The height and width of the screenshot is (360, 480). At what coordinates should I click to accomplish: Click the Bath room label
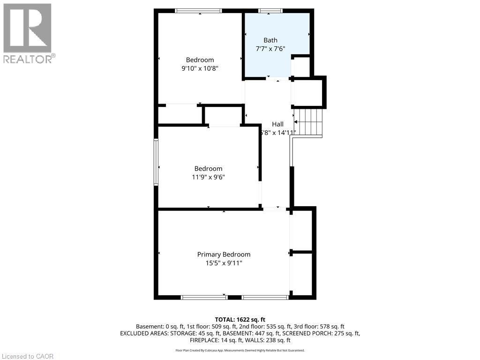click(270, 40)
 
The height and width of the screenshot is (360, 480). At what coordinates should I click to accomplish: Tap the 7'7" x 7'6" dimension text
click(270, 48)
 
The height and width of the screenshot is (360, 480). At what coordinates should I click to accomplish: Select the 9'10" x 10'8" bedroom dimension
click(200, 68)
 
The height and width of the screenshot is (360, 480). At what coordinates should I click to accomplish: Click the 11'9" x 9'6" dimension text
click(209, 177)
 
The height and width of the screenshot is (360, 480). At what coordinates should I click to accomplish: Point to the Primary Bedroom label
click(224, 255)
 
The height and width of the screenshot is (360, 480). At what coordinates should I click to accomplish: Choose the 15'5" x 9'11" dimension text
click(224, 263)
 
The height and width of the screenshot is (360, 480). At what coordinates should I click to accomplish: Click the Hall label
click(278, 124)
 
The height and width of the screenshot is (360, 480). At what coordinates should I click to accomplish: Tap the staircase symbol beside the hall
click(309, 122)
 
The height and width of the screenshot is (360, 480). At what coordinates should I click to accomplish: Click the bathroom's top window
click(270, 11)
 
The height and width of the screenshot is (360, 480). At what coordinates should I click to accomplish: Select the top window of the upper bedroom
click(199, 11)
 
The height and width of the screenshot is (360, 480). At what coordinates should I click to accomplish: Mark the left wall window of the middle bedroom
click(156, 162)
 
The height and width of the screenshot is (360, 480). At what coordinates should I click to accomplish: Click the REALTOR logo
click(28, 33)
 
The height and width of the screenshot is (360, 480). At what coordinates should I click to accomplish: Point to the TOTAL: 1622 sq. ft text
click(240, 319)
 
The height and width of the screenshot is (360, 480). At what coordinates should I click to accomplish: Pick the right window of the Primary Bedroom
click(265, 297)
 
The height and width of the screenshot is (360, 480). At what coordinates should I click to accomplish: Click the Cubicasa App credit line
click(240, 350)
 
